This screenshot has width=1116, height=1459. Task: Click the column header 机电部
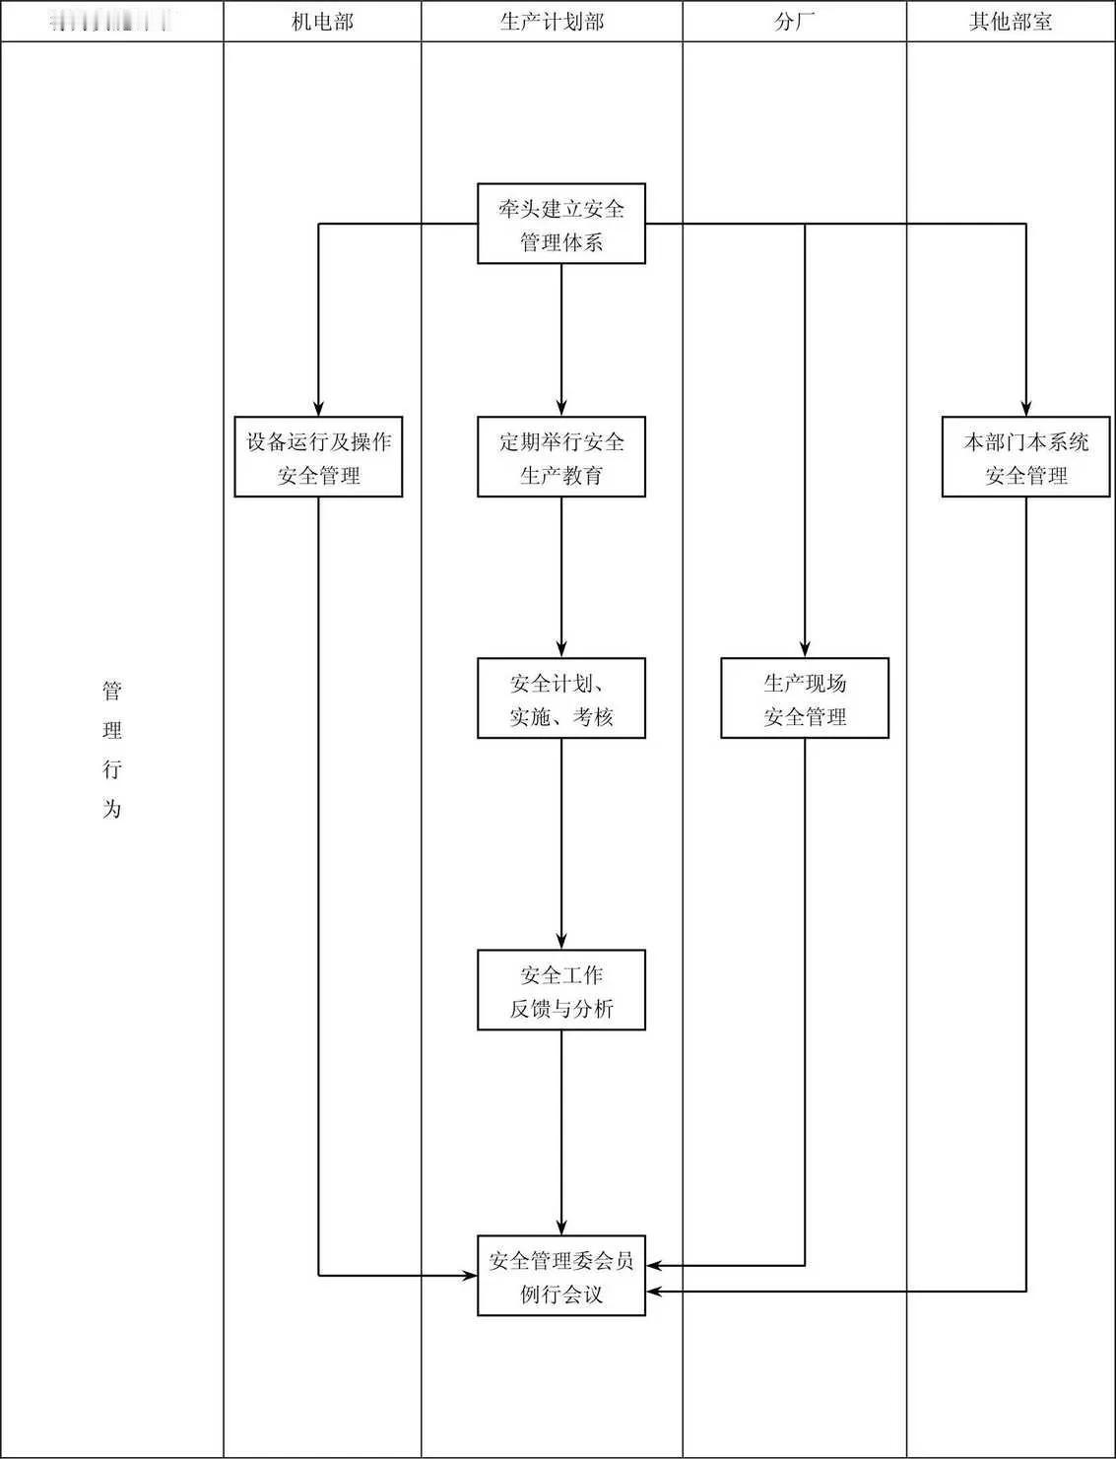[322, 22]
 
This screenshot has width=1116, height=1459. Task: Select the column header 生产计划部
[552, 22]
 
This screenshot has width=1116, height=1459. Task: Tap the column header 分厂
[794, 22]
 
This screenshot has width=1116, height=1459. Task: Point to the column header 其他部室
[1011, 22]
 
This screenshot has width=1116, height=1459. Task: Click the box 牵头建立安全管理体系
[561, 224]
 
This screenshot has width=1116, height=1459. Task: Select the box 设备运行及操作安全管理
[318, 457]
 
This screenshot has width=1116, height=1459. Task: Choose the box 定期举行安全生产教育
[561, 457]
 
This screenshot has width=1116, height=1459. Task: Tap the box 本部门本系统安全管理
[1026, 457]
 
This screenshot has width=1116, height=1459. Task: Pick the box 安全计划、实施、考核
[561, 698]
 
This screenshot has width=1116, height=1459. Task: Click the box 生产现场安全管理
[805, 698]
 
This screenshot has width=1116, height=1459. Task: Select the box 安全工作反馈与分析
[561, 990]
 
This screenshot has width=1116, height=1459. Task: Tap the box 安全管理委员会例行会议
[561, 1276]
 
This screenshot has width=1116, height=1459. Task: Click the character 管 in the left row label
[112, 691]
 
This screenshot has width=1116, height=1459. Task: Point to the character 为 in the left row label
[112, 809]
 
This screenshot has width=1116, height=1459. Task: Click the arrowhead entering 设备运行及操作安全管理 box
[318, 409]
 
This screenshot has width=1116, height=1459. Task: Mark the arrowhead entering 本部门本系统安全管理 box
[1026, 409]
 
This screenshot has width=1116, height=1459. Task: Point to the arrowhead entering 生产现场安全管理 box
[805, 650]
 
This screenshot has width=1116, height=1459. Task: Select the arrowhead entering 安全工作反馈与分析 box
[561, 942]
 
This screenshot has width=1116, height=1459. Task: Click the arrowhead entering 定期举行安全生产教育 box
[561, 409]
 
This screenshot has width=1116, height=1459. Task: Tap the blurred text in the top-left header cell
[110, 22]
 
